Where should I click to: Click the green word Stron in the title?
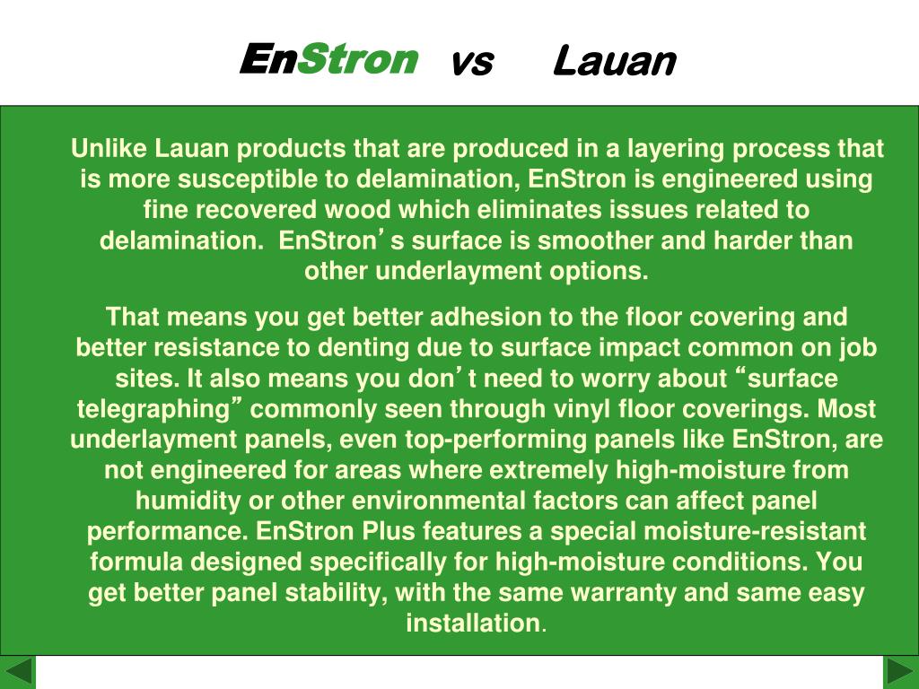point(357,60)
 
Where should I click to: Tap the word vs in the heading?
point(471,62)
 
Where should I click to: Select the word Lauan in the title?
point(614,62)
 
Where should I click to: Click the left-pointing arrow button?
point(18,672)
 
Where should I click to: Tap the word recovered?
point(268,210)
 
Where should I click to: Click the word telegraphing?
point(153,409)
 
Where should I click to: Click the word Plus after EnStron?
point(389,531)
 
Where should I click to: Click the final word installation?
point(473,623)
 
